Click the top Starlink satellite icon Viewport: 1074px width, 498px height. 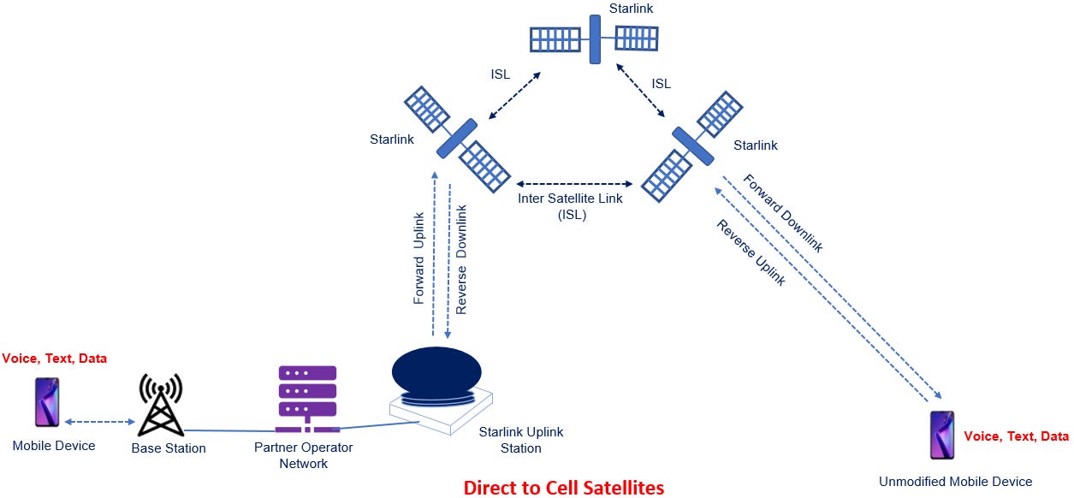tap(594, 39)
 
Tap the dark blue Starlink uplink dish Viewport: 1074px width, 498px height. tap(437, 375)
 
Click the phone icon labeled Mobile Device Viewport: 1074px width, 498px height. tap(47, 402)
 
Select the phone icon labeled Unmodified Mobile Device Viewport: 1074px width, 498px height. tap(942, 435)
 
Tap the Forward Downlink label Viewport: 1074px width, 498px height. tap(782, 213)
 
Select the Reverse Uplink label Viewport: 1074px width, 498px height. tap(751, 252)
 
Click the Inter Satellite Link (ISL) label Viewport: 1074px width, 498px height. tap(571, 206)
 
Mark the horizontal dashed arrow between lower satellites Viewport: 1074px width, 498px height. tap(573, 183)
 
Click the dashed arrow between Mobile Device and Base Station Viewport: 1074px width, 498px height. tap(100, 421)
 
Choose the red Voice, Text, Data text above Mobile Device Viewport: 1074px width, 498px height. tap(55, 359)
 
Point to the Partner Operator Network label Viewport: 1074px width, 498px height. tap(303, 455)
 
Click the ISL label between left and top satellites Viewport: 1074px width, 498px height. tap(501, 74)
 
